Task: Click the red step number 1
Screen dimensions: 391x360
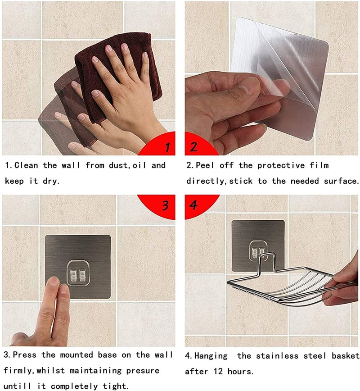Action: click(167, 147)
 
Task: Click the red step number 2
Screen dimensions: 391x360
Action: click(194, 147)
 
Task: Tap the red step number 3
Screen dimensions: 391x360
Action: click(166, 206)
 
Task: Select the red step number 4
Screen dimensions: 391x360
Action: click(194, 205)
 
